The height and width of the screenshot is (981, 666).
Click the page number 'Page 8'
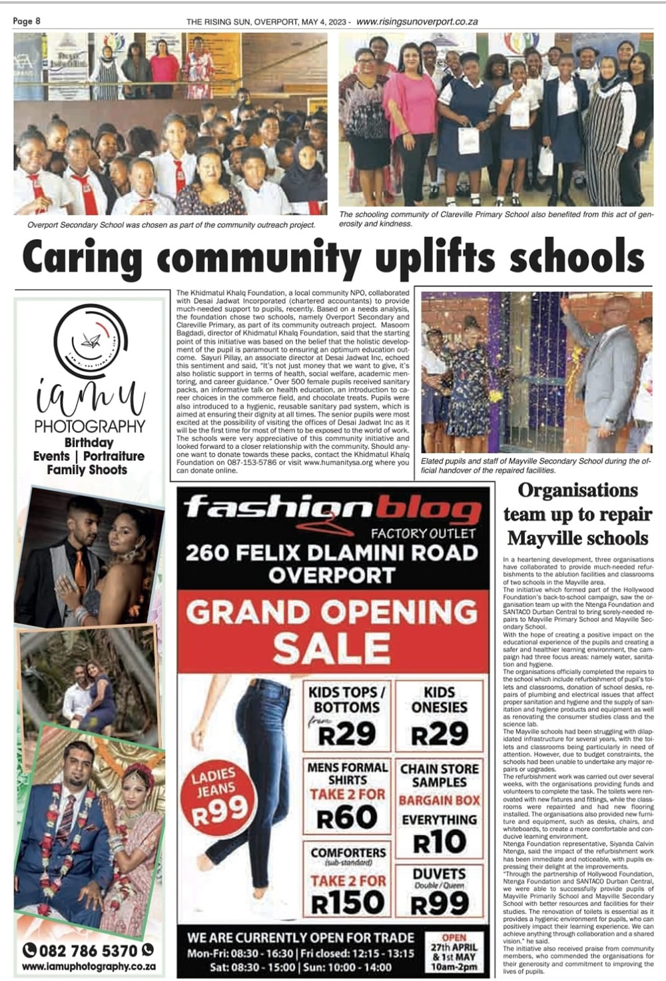click(x=27, y=21)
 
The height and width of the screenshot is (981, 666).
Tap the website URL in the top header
click(x=417, y=21)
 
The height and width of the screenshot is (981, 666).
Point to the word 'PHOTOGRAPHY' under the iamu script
click(x=90, y=426)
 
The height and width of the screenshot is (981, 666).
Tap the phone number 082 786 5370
click(x=89, y=950)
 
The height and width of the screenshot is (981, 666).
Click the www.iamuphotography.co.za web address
click(x=89, y=966)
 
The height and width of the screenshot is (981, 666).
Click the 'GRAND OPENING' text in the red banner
click(x=332, y=612)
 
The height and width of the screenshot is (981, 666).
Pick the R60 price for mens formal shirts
click(x=347, y=818)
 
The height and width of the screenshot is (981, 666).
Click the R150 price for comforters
click(x=348, y=903)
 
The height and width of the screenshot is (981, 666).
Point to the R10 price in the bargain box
click(x=439, y=842)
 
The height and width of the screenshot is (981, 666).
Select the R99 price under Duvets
click(x=439, y=904)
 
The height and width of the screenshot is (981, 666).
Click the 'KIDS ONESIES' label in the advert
click(x=439, y=699)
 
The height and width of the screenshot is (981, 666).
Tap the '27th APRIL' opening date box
click(x=454, y=947)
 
